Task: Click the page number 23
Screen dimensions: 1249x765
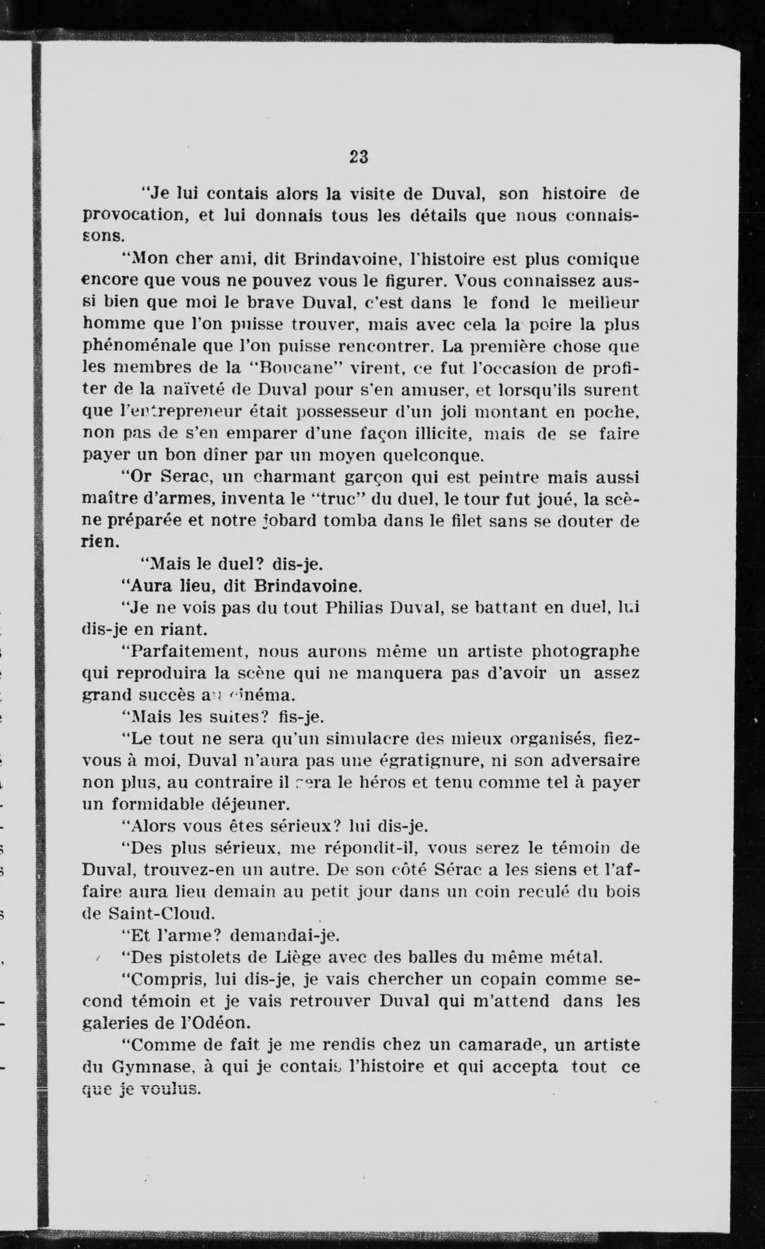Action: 358,157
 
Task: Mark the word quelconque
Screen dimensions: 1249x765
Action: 433,456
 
